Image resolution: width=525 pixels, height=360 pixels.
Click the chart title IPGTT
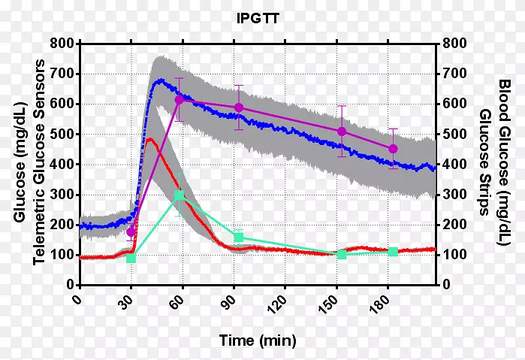click(258, 18)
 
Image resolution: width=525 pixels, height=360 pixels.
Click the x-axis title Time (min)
click(258, 340)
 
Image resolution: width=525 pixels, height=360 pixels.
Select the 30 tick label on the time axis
click(128, 301)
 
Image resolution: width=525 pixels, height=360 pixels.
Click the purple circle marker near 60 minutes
click(180, 100)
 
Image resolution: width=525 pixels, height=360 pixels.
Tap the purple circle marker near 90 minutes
click(239, 107)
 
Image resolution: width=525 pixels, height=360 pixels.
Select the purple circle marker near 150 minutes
click(342, 132)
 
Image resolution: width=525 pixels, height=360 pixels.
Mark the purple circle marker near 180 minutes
click(393, 149)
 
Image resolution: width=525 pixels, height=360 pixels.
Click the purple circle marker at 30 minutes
click(131, 231)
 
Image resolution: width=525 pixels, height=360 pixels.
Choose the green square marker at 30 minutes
click(131, 258)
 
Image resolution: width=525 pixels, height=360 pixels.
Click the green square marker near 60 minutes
click(179, 196)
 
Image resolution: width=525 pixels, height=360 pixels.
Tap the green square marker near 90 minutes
click(239, 237)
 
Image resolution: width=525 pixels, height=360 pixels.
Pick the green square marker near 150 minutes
click(342, 254)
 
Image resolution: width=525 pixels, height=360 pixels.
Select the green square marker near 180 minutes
click(393, 251)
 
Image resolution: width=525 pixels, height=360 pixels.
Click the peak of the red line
click(150, 139)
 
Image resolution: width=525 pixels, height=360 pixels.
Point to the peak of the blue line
click(158, 80)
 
